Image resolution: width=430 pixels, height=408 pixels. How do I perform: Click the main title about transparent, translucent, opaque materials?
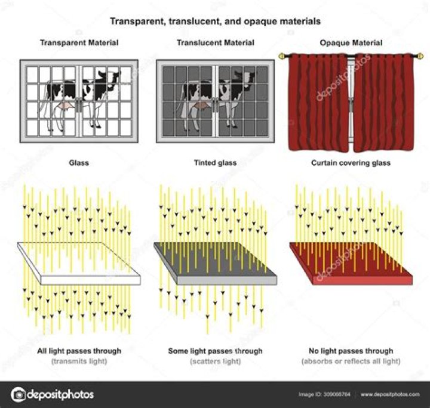[215, 21]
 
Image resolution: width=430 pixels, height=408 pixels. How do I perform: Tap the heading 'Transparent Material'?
[79, 43]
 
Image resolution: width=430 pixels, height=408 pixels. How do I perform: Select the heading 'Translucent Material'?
[216, 43]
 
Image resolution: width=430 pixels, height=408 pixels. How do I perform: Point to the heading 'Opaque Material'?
[351, 43]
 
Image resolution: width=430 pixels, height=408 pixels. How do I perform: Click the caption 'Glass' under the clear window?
[79, 163]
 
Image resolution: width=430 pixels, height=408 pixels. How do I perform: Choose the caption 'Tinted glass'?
[215, 163]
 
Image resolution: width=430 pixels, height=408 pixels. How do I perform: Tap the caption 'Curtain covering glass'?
[351, 163]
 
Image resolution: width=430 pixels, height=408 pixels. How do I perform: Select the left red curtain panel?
[318, 103]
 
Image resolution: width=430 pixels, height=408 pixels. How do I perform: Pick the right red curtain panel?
[384, 103]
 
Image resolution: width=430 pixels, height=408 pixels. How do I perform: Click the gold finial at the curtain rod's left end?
[281, 57]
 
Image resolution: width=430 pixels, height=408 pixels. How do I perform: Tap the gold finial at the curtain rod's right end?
[420, 57]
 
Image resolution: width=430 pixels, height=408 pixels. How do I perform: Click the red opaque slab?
[351, 264]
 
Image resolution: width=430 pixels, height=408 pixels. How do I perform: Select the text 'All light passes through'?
[79, 351]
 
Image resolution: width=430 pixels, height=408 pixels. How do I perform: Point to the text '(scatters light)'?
[216, 361]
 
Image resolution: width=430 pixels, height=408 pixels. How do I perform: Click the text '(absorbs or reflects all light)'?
[351, 361]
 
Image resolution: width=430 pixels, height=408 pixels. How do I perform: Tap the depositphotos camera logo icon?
[18, 395]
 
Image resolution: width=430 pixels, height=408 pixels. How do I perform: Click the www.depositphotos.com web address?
[390, 394]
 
